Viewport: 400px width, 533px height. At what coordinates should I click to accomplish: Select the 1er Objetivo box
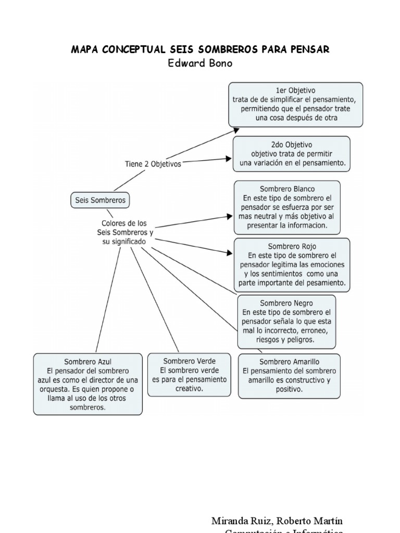pyautogui.click(x=295, y=104)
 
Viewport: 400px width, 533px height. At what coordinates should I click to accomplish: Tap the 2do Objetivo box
pyautogui.click(x=291, y=154)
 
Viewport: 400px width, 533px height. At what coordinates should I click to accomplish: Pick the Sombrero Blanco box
pyautogui.click(x=287, y=207)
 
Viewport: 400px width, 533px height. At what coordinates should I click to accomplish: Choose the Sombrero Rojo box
pyautogui.click(x=292, y=264)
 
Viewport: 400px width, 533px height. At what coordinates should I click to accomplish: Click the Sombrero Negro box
pyautogui.click(x=286, y=321)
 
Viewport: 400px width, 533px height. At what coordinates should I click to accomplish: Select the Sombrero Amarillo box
pyautogui.click(x=289, y=375)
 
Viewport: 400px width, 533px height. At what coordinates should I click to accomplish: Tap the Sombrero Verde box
pyautogui.click(x=189, y=374)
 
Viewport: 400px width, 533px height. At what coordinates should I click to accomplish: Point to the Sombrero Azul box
pyautogui.click(x=87, y=384)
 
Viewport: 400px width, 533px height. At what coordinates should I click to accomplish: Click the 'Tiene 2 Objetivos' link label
pyautogui.click(x=153, y=163)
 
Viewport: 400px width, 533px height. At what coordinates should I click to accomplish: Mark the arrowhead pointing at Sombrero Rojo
pyautogui.click(x=230, y=253)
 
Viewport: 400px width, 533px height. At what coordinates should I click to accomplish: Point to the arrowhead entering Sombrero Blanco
pyautogui.click(x=230, y=215)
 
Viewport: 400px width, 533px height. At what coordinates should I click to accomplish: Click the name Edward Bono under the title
pyautogui.click(x=200, y=64)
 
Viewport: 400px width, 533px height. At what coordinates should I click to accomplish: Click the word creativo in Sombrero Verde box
pyautogui.click(x=189, y=389)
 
